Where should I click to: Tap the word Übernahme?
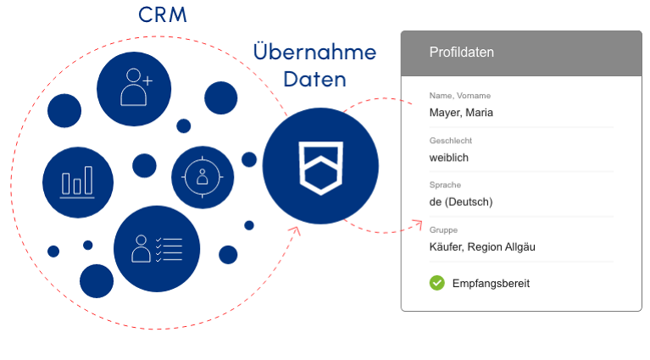314,53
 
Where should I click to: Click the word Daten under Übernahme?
314,80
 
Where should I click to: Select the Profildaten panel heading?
462,53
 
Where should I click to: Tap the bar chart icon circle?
77,182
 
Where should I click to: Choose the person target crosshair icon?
202,177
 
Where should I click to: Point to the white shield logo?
319,167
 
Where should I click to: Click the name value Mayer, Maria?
461,113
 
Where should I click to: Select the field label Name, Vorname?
459,96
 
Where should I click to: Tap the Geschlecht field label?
451,141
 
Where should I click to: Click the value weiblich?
449,158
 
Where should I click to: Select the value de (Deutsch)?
461,202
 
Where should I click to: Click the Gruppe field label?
444,230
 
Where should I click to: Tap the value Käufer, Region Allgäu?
482,246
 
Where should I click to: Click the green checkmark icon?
437,283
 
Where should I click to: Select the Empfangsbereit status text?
491,284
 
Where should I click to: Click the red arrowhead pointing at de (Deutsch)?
418,223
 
